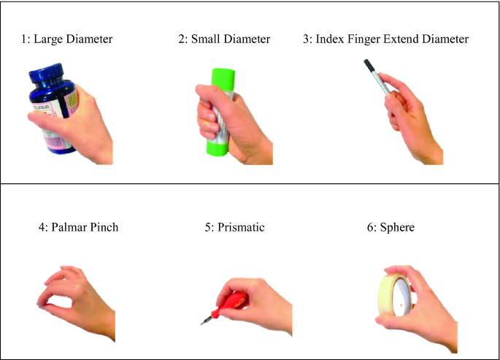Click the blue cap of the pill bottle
46,73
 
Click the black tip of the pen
368,65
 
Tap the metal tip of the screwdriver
206,320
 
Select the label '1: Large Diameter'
66,39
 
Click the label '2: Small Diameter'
224,39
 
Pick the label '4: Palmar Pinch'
78,227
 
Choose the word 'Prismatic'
241,227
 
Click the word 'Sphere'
397,227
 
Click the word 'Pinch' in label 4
104,227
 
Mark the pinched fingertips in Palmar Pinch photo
42,305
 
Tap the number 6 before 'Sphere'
370,227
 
